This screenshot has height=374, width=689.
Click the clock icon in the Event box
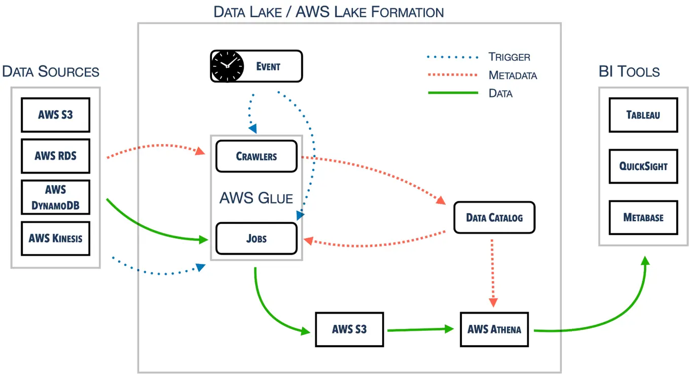coord(227,66)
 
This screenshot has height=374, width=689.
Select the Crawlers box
coord(256,156)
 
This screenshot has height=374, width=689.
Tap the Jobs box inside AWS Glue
coord(256,239)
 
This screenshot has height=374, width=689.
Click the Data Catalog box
coord(494,218)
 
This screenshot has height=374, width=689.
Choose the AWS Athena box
coord(494,329)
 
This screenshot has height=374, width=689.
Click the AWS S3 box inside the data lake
coord(349,329)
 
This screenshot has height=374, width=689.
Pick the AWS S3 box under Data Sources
coord(55,115)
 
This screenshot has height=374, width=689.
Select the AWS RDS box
coord(55,156)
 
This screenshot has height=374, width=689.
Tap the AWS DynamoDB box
coord(55,197)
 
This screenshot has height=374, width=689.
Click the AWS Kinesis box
coord(55,238)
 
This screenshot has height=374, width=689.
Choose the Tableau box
coord(643,115)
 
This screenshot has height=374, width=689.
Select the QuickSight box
coord(643,166)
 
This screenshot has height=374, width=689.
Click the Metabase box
coord(643,217)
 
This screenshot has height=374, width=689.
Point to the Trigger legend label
coord(509,57)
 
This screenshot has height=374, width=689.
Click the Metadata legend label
coord(512,76)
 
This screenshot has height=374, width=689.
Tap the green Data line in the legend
coord(452,93)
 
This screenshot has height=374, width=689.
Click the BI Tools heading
coord(629,72)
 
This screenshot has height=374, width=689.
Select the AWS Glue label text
coord(256,198)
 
